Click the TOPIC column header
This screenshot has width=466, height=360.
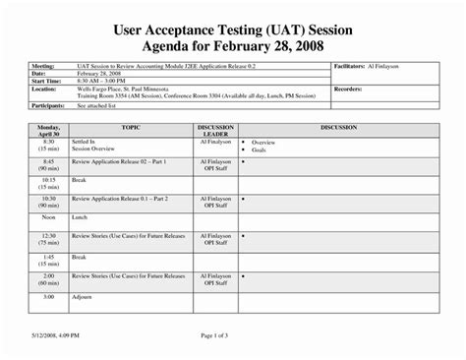point(131,127)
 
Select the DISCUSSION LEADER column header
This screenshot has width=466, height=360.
point(214,131)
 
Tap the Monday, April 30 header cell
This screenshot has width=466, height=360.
point(48,131)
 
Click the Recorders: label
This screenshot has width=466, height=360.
point(351,89)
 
